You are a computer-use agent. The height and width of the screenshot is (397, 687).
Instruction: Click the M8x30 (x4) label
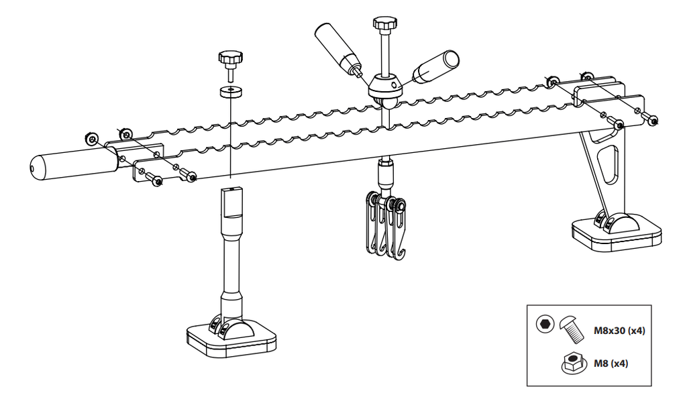[x=619, y=331]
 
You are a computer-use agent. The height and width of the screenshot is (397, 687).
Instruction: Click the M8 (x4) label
[x=611, y=363]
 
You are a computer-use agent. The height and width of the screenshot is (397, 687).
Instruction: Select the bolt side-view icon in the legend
[x=573, y=328]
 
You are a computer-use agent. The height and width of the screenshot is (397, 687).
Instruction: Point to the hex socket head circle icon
[x=545, y=324]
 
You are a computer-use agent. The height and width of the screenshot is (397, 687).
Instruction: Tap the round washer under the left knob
[x=231, y=92]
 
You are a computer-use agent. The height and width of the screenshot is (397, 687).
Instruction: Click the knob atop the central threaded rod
[x=385, y=23]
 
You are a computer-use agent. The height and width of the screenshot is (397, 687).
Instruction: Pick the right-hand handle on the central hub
[x=435, y=67]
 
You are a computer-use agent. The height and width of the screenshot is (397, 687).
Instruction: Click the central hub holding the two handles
[x=384, y=87]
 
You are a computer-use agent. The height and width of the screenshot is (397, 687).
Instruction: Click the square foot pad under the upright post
[x=231, y=339]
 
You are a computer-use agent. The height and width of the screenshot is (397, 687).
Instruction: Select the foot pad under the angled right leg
[x=617, y=233]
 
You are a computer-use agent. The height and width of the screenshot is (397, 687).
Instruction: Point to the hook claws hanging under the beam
[x=385, y=227]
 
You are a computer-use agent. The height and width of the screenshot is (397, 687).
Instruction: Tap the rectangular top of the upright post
[x=231, y=203]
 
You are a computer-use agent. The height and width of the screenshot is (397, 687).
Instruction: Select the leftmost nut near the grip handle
[x=91, y=138]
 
